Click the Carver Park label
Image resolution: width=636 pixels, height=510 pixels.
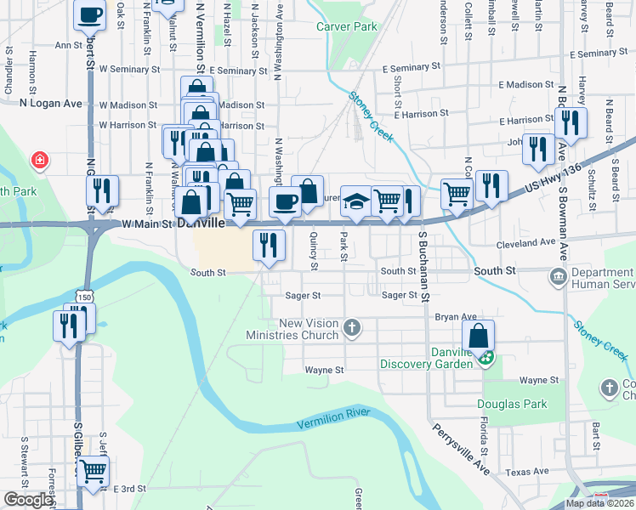coord(346,27)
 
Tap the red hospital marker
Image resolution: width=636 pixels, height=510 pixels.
coord(39,160)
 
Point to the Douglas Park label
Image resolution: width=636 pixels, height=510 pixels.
coord(512,404)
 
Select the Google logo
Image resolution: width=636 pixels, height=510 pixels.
coord(27,500)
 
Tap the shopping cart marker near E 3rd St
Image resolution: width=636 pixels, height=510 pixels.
coord(94,469)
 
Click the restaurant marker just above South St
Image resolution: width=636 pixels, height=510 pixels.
coord(269,245)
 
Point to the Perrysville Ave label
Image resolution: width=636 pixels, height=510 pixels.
coord(461,450)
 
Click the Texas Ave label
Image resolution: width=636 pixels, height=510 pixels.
coord(527,472)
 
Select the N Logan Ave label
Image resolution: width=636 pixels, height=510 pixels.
coord(50,104)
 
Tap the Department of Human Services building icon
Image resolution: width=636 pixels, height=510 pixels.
coord(559,276)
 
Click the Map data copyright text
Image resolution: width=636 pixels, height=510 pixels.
coord(600,503)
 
